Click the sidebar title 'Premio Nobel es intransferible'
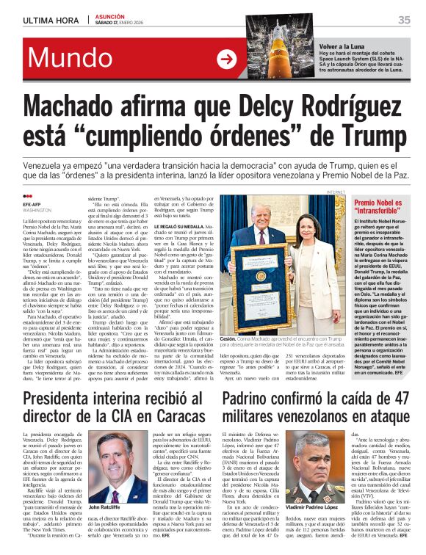tap(378, 206)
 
